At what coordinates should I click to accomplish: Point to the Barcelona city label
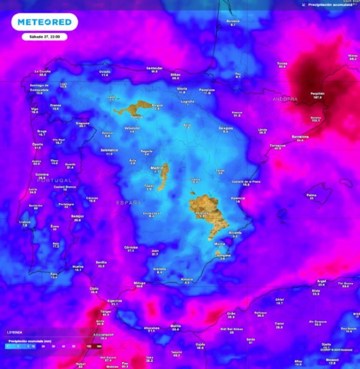point(300,137)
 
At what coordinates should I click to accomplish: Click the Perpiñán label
point(318,93)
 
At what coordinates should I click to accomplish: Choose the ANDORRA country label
point(285,99)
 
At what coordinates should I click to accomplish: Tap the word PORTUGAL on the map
point(54,180)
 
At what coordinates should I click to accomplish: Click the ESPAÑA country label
point(128,203)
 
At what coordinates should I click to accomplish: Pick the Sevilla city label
point(101,262)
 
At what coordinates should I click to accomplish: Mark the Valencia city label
point(238,198)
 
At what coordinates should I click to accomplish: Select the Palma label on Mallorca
point(312,195)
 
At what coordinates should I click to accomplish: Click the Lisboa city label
point(25,222)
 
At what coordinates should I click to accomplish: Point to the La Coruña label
point(43,72)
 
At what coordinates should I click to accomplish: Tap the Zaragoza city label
point(226,128)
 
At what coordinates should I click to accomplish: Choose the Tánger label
point(105,311)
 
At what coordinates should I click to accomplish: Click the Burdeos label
point(233,21)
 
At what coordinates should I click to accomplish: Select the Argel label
point(321,281)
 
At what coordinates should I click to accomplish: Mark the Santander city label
point(154,68)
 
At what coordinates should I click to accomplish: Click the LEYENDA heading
point(14,332)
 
